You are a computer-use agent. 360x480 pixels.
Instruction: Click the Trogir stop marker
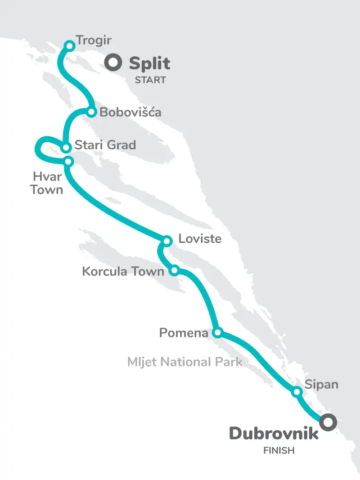70,45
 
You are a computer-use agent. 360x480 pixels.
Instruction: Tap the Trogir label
94,40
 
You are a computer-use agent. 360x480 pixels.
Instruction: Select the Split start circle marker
113,63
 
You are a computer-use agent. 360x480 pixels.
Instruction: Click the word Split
149,64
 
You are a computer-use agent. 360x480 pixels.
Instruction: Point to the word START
150,81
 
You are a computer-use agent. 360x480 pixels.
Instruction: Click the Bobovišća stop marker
91,112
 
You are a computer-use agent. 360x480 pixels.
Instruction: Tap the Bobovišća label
130,112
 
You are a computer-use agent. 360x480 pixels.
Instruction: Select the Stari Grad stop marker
66,147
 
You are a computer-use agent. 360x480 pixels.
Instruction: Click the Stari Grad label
105,145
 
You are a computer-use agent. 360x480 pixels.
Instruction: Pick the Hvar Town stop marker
68,161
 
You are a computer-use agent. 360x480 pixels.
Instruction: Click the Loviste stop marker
167,241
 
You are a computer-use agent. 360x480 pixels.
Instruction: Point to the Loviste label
200,238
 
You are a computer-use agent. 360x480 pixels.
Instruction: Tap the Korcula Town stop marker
175,270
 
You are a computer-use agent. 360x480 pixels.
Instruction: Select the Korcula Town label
123,271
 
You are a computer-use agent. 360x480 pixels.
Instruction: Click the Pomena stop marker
217,333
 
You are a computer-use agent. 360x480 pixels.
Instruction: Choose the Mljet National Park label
184,362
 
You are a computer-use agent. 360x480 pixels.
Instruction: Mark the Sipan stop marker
297,392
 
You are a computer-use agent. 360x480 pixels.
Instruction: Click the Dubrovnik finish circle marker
328,422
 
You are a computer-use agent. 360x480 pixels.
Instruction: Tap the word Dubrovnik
274,433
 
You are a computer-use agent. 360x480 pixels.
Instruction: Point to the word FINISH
279,450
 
